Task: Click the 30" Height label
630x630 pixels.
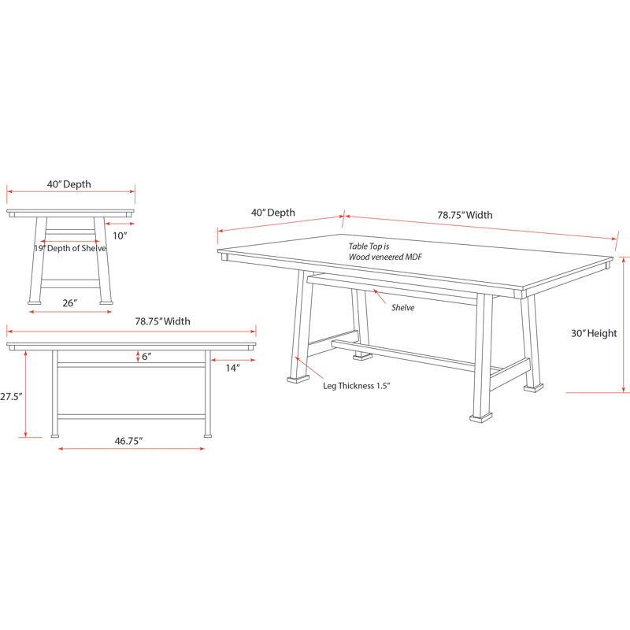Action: (594, 333)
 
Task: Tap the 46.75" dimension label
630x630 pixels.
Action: (128, 441)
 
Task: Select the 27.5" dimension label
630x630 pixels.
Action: (11, 397)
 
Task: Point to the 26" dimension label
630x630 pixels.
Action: (69, 303)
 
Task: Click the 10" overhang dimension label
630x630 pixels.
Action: (120, 235)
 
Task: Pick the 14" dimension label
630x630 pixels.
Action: (232, 368)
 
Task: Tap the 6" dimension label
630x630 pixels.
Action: (146, 357)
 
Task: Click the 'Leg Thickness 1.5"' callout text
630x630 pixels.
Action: (357, 386)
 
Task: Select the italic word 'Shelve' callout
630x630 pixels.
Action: (402, 308)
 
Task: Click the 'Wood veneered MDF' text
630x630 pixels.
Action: (385, 257)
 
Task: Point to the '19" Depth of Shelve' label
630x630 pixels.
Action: (70, 248)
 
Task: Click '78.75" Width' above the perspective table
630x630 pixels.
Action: (465, 215)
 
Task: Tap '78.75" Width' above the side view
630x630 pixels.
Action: (162, 321)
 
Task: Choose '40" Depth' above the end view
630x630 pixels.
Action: (69, 184)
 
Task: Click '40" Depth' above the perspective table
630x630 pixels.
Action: (272, 213)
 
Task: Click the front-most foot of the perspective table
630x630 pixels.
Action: (481, 417)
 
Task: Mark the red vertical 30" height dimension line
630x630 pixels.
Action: (623, 324)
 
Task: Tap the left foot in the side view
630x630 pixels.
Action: (55, 435)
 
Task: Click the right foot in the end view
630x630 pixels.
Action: (106, 302)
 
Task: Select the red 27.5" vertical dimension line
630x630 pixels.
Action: (25, 394)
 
